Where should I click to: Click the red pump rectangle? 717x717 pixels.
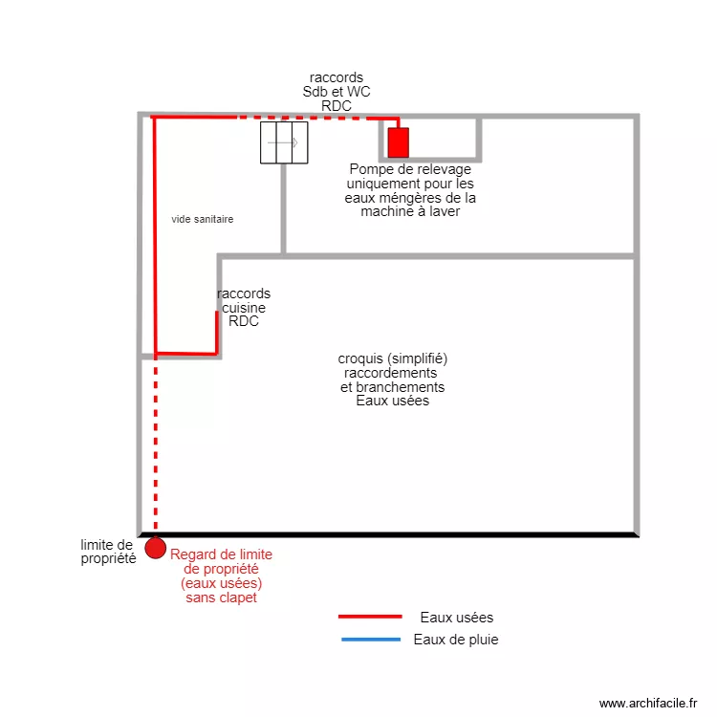(x=399, y=142)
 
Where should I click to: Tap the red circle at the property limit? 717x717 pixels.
(x=155, y=549)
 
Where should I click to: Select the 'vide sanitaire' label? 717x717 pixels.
(x=203, y=219)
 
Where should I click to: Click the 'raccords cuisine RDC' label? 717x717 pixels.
(x=244, y=308)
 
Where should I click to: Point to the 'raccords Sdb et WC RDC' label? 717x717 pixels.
(x=337, y=92)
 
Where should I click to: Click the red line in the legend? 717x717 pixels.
(x=370, y=618)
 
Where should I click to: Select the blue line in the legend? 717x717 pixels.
(x=370, y=640)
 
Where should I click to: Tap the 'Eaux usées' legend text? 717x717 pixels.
(x=457, y=618)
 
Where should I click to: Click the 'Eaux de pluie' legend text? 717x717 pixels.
(x=456, y=640)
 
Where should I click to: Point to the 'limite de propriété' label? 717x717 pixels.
(x=107, y=552)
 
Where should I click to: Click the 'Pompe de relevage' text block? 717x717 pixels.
(x=410, y=190)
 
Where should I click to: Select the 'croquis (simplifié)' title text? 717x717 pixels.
(x=393, y=358)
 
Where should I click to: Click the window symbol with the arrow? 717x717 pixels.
(x=285, y=143)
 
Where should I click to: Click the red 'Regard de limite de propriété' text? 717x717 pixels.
(x=221, y=576)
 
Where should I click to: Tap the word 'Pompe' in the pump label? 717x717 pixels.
(x=370, y=169)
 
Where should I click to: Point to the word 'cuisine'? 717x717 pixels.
(x=244, y=308)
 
